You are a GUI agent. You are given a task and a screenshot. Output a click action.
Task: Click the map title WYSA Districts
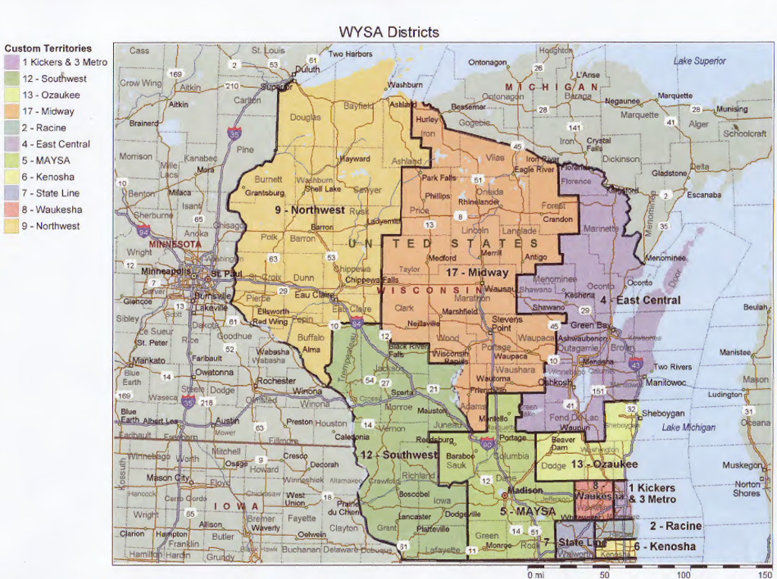tap(388, 32)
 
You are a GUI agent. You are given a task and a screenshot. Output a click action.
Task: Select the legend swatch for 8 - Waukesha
tap(12, 210)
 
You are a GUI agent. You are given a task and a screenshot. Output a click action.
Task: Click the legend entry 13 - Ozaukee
tap(50, 95)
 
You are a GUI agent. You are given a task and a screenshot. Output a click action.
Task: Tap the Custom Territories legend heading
tap(48, 49)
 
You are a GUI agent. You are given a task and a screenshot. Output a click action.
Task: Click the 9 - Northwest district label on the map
tap(310, 210)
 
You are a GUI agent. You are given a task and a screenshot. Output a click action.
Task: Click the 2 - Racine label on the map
tap(675, 526)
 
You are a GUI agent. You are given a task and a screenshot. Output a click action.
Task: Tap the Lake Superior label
tap(700, 61)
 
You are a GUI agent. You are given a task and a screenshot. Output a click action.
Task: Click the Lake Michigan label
tap(688, 427)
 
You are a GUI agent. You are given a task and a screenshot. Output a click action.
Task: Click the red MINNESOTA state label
tap(178, 245)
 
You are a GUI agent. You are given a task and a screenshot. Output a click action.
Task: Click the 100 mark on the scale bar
tap(684, 574)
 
